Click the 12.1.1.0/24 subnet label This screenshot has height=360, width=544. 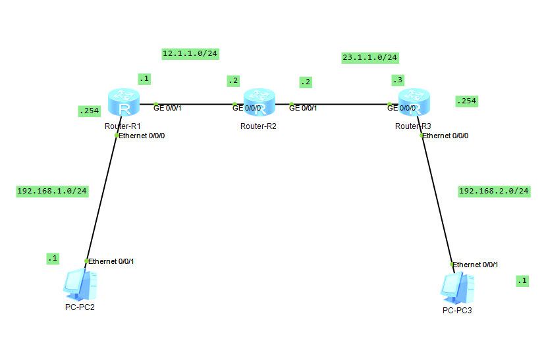point(190,54)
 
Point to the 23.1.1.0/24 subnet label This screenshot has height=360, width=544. point(369,57)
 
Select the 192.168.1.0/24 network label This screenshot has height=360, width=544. point(53,191)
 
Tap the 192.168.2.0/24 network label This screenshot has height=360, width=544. point(494,191)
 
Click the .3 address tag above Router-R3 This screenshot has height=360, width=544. point(397,80)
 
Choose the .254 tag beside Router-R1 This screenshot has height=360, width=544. point(89,111)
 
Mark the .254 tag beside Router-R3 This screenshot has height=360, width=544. point(466,101)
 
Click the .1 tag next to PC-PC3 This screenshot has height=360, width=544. point(522,281)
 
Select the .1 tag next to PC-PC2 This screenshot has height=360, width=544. point(53,259)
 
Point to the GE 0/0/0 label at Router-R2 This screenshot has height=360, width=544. point(247,108)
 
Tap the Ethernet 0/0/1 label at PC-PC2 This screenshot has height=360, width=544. point(111,262)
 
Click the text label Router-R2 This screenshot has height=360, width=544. point(258,126)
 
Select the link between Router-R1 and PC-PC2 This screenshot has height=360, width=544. point(101,197)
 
